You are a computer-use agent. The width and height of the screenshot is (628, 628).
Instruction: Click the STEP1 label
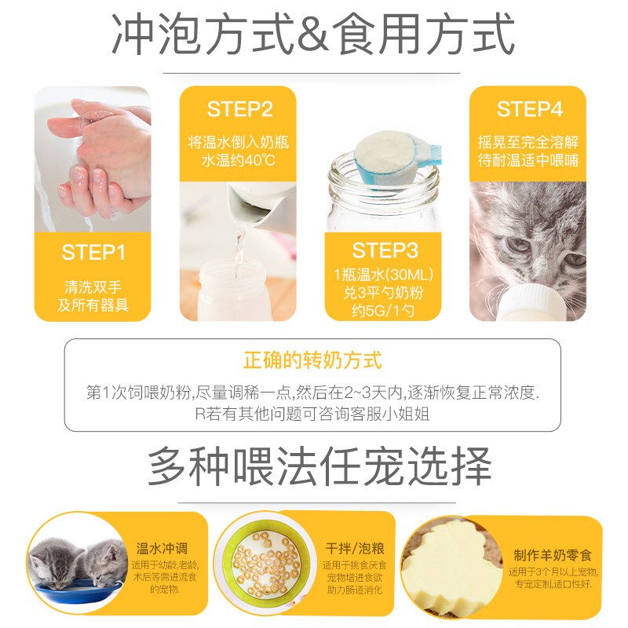click(93, 252)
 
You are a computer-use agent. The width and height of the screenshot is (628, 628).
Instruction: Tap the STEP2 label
click(239, 109)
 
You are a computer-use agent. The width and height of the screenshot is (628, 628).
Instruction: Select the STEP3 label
click(385, 250)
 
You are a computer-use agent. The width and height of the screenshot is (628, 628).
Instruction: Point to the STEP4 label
click(529, 109)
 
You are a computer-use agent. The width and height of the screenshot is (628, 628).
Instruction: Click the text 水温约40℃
click(238, 161)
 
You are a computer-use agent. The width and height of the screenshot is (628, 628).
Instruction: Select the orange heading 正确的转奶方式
click(312, 360)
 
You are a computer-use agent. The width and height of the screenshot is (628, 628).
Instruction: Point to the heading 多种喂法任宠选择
click(319, 467)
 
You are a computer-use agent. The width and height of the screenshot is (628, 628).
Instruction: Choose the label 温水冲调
click(162, 549)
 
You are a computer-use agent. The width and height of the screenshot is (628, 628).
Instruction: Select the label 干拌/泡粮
click(355, 548)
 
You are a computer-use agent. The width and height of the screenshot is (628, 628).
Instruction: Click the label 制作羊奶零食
click(553, 556)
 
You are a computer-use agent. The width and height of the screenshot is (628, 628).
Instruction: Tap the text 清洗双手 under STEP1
click(93, 287)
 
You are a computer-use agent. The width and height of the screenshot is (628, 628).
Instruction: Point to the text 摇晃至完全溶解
click(528, 142)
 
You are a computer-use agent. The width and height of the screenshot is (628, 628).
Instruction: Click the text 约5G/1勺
click(383, 310)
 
